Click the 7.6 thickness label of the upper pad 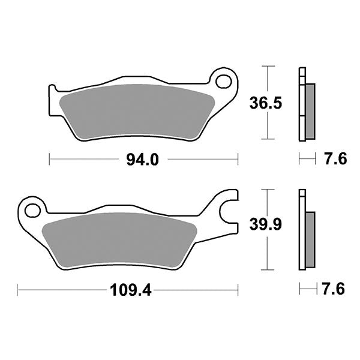pos(335,160)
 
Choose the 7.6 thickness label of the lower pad pos(335,290)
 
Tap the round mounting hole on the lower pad pos(32,210)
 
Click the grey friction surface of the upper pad pos(138,111)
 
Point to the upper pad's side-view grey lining pos(310,110)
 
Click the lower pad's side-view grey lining pos(310,239)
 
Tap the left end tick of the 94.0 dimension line pos(49,160)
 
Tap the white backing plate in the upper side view pos(301,105)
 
